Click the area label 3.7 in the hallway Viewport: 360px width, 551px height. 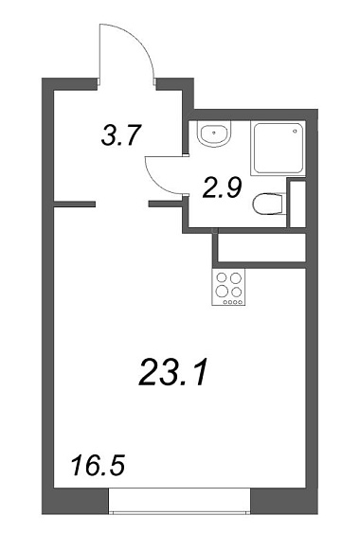(x=121, y=135)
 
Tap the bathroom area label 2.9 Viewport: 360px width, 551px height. (x=223, y=187)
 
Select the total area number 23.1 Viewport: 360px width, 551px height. (x=172, y=372)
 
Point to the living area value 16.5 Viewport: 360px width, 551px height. (x=99, y=465)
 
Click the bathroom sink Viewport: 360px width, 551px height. (x=214, y=133)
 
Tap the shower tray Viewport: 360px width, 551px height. (x=278, y=148)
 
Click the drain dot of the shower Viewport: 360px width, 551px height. (x=295, y=131)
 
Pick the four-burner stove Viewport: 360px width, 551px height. (x=228, y=288)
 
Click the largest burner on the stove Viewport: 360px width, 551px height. (x=222, y=291)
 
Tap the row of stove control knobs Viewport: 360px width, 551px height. (x=232, y=302)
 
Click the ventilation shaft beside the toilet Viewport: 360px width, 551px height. (x=297, y=204)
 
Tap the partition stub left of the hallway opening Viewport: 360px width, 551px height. (x=74, y=204)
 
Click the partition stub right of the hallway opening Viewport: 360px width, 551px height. (x=166, y=204)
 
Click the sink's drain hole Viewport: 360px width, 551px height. (x=214, y=133)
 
